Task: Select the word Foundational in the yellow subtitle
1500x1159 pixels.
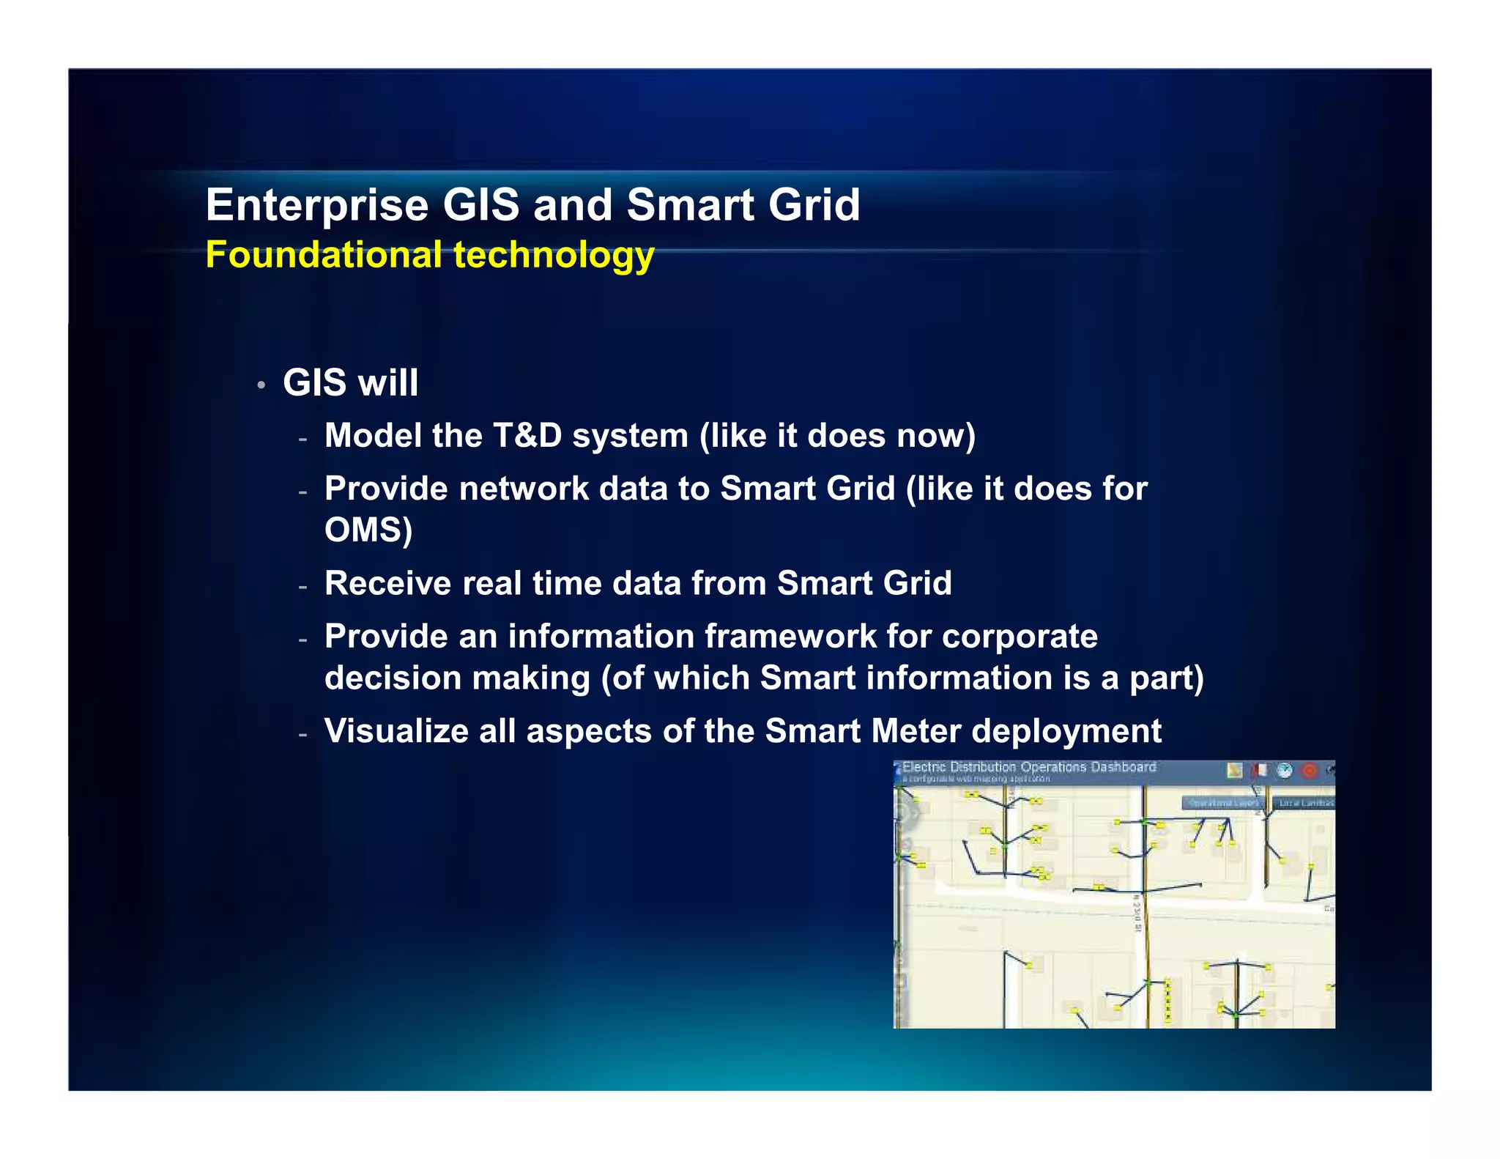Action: [323, 255]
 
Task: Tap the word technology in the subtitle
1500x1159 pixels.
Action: [554, 256]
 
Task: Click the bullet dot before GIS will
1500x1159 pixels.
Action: [261, 385]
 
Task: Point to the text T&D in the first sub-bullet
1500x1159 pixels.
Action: [527, 436]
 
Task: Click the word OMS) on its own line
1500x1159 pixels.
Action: [368, 530]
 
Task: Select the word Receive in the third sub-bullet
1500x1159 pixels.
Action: [387, 584]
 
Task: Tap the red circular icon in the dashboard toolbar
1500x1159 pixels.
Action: [1310, 771]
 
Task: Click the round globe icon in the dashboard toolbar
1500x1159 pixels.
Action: [1285, 771]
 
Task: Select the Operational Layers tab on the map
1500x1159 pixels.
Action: [1222, 803]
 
